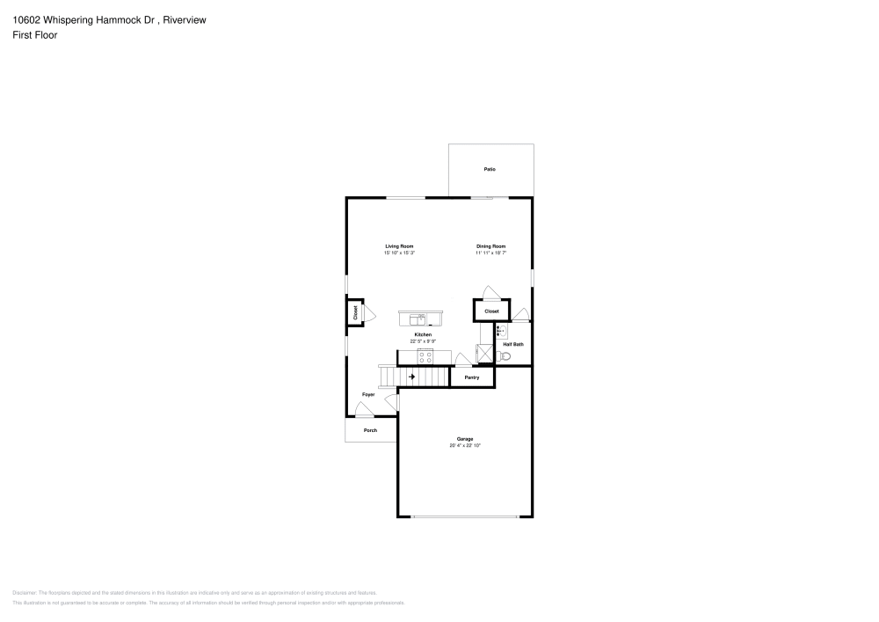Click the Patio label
pos(490,169)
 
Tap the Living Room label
pos(399,246)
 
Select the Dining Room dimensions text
pos(491,253)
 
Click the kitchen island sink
pos(420,318)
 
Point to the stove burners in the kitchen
pos(425,356)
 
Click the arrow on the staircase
pos(410,377)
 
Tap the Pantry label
pos(472,377)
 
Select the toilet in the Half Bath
pos(504,356)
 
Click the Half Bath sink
pos(499,332)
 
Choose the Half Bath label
pos(513,344)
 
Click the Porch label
pos(370,430)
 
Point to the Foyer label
pos(368,395)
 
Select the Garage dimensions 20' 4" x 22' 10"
pos(465,446)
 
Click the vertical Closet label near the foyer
pos(355,312)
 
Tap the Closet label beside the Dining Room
pos(491,311)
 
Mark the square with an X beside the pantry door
pos(484,354)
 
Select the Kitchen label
pos(423,335)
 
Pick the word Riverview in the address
pos(185,19)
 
